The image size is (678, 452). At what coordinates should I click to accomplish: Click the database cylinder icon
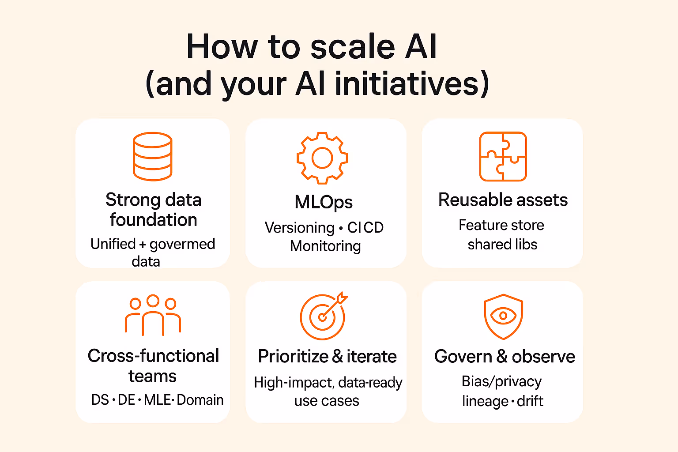pyautogui.click(x=152, y=156)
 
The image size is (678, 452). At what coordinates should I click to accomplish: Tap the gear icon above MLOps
pyautogui.click(x=322, y=158)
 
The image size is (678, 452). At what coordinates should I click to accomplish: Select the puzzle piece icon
pyautogui.click(x=503, y=156)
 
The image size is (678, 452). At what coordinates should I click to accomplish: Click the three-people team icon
pyautogui.click(x=153, y=315)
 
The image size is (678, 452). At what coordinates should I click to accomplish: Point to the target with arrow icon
pyautogui.click(x=323, y=316)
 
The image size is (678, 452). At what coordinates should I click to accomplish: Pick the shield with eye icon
pyautogui.click(x=503, y=316)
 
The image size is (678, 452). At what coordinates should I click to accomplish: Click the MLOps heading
pyautogui.click(x=324, y=202)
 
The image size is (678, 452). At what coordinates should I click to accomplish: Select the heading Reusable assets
pyautogui.click(x=503, y=200)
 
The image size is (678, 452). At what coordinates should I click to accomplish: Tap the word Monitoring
pyautogui.click(x=325, y=246)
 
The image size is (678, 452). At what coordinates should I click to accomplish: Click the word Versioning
pyautogui.click(x=300, y=228)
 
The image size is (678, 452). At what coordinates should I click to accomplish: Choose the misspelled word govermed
pyautogui.click(x=182, y=244)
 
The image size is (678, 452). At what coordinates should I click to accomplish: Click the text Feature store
pyautogui.click(x=501, y=225)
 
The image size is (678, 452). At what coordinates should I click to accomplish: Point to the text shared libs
pyautogui.click(x=502, y=245)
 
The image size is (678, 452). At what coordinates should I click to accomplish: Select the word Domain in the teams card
pyautogui.click(x=200, y=400)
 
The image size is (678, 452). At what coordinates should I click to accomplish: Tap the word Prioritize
pyautogui.click(x=293, y=356)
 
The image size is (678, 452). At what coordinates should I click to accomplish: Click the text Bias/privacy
pyautogui.click(x=501, y=381)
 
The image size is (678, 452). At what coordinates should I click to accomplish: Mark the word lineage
pyautogui.click(x=485, y=402)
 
